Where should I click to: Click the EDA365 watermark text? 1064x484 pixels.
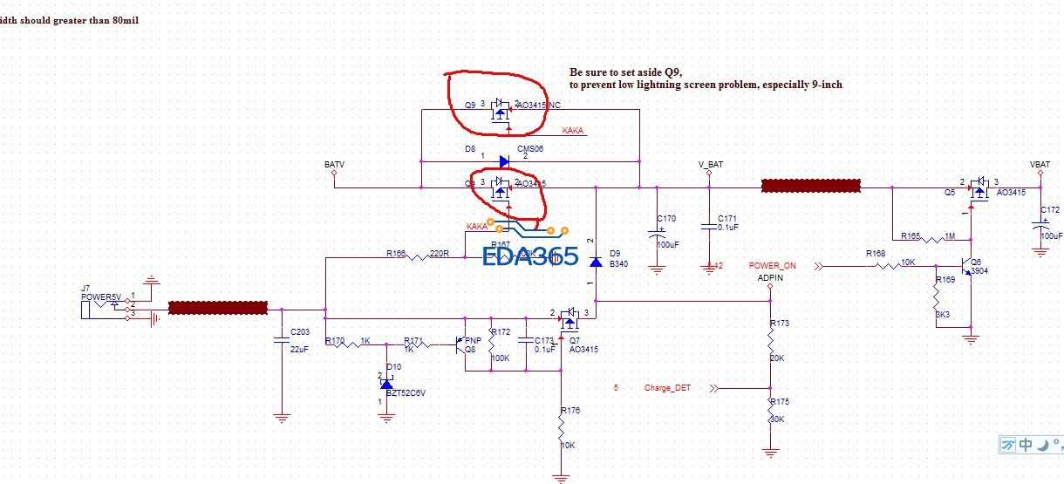coord(531,256)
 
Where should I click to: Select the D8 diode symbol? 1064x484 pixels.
coord(504,161)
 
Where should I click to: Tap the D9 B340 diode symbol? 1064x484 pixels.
coord(596,262)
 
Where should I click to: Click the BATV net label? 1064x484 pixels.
coord(334,164)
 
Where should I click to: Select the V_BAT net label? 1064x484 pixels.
coord(710,164)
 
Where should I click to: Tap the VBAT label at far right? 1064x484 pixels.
coord(1040,164)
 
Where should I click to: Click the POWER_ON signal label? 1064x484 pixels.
coord(772,265)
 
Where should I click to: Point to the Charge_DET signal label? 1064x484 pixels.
coord(667,388)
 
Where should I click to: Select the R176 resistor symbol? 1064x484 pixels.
coord(562,428)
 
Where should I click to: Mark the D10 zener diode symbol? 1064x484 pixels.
coord(386,384)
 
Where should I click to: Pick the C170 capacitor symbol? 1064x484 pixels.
coord(657,234)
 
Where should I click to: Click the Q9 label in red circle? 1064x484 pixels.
coord(470,105)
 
